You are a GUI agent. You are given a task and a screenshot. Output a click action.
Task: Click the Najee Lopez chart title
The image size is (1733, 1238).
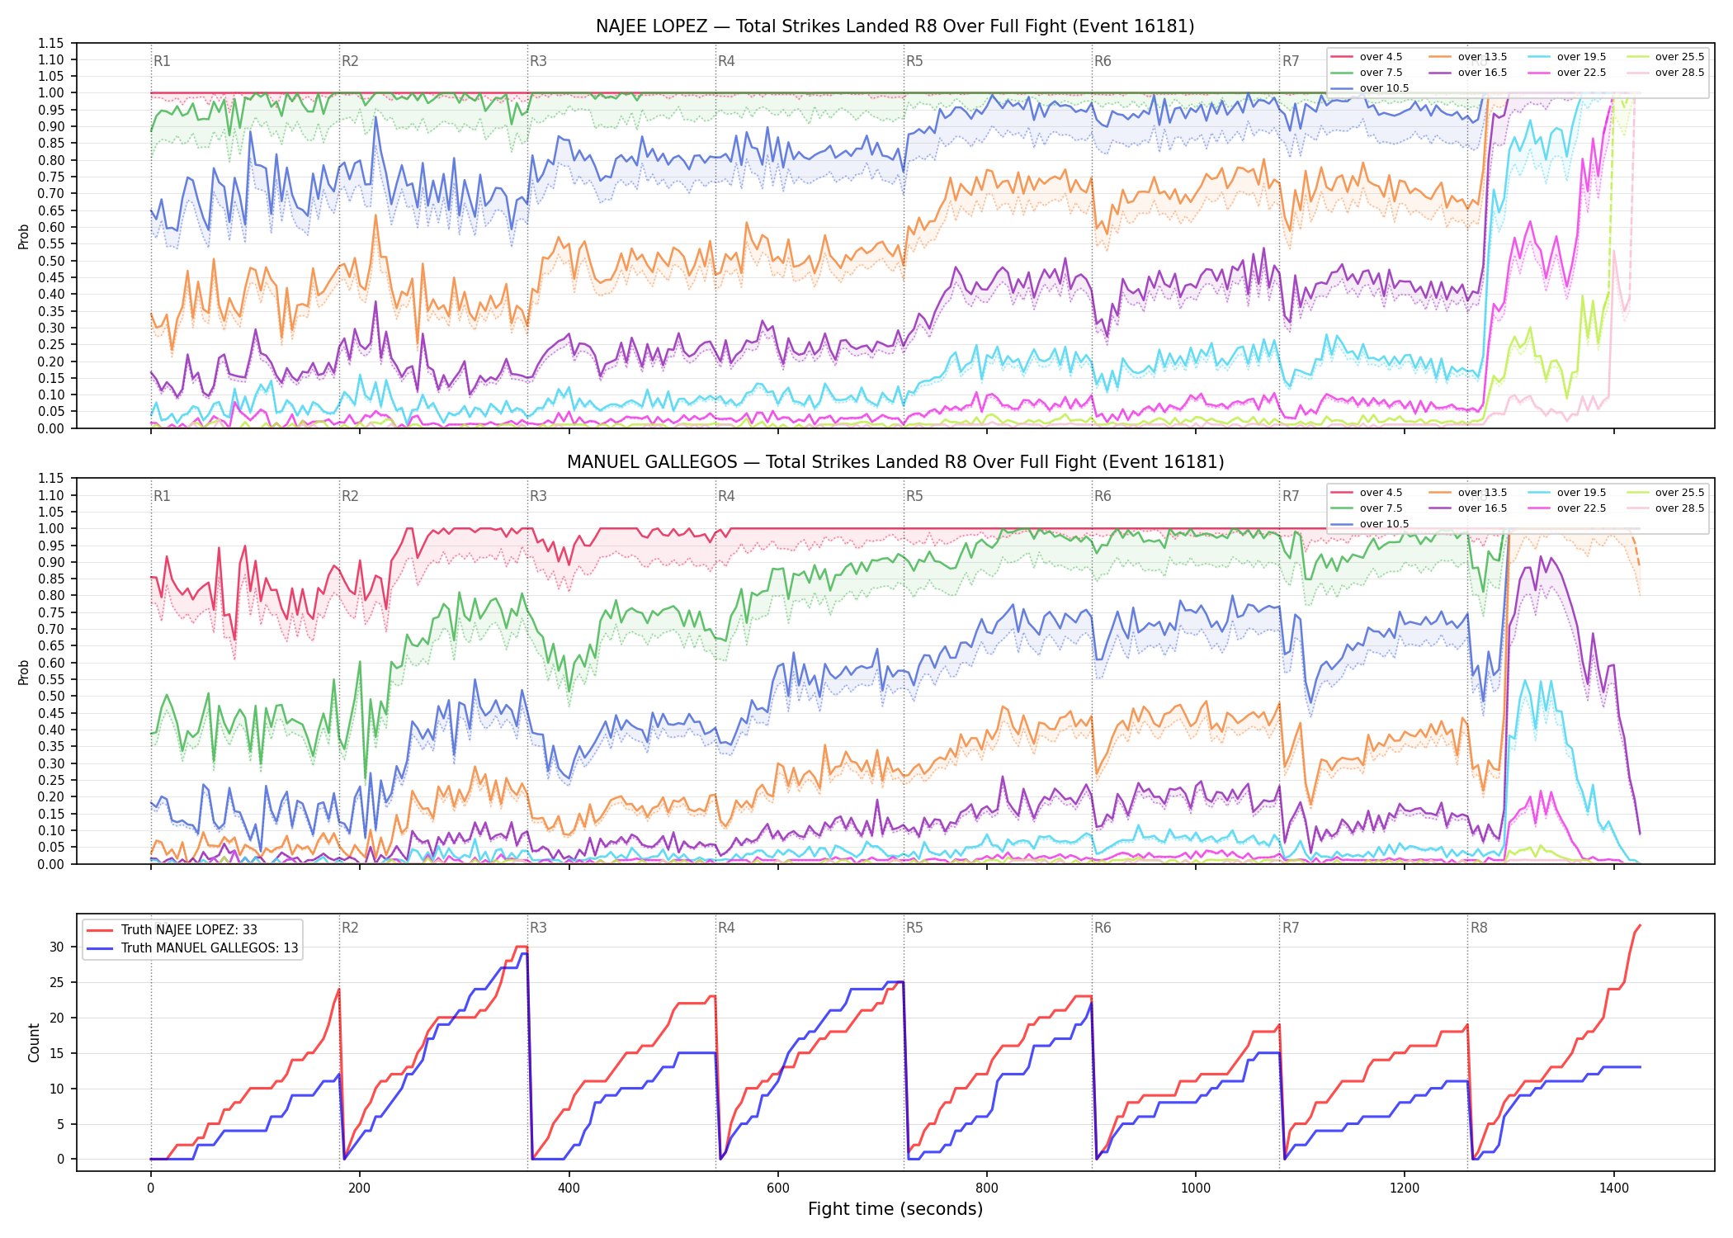895,26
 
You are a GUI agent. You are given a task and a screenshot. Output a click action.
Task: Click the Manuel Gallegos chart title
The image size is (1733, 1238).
895,462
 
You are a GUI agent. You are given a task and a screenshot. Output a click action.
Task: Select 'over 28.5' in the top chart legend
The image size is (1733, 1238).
1679,73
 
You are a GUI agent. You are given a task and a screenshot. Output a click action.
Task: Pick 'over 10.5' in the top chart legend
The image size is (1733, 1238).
1384,88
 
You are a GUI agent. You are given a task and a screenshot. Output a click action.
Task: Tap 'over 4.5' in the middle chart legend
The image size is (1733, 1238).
1381,493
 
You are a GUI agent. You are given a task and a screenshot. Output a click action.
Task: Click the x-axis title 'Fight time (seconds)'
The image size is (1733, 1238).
895,1209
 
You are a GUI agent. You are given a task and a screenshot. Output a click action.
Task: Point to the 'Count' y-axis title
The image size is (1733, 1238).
34,1042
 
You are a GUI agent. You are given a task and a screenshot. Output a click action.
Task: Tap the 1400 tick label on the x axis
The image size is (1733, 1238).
1614,1188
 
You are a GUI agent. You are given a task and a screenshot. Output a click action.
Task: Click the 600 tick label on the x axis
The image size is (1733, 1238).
778,1188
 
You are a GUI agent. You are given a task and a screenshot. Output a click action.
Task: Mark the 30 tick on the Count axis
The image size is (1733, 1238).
56,947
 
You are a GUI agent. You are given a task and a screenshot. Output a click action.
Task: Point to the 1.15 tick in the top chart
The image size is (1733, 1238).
50,43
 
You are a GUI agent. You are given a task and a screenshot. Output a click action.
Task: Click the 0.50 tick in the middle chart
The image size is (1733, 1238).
50,696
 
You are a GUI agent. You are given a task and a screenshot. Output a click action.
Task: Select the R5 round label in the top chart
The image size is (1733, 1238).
914,61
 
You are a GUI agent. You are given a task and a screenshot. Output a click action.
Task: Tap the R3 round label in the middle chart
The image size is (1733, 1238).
538,496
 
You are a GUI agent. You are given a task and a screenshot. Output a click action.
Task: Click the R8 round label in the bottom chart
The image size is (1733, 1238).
1479,928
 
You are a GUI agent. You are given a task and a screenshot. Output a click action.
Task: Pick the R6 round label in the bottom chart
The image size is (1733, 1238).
1103,928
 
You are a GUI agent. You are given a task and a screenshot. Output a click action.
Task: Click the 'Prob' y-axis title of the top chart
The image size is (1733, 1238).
24,236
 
